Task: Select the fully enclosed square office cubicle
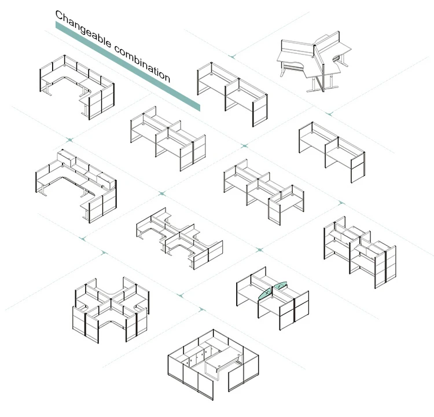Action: [214, 365]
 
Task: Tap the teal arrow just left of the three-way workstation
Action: [232, 56]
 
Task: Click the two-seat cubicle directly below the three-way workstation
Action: [330, 148]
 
